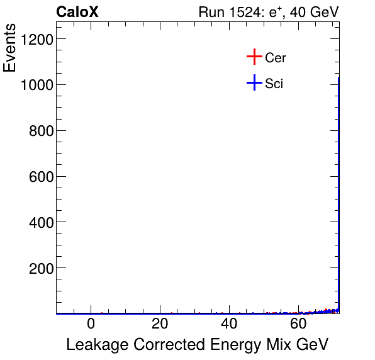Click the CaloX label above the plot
click(x=77, y=13)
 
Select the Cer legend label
click(x=276, y=58)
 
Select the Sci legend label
click(x=274, y=83)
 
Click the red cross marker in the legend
click(x=254, y=57)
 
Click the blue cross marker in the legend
click(x=254, y=82)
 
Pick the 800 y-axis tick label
click(x=40, y=131)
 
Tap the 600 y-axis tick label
click(x=40, y=177)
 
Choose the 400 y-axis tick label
click(x=40, y=222)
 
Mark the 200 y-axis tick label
click(x=40, y=268)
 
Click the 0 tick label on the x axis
click(x=91, y=324)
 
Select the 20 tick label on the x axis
click(x=160, y=324)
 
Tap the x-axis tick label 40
click(x=230, y=324)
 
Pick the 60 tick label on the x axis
click(x=299, y=324)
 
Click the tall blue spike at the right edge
click(x=339, y=189)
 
